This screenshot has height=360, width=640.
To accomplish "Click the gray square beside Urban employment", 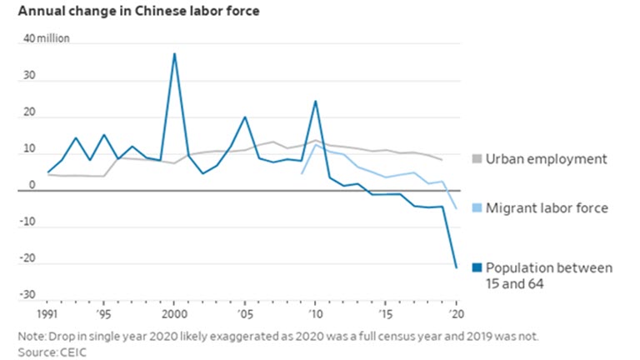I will coord(477,159).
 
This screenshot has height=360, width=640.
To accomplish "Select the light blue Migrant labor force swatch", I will coord(477,207).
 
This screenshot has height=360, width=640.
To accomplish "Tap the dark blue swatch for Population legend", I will coord(477,268).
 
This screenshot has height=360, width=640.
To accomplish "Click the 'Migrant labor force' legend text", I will coord(547,207).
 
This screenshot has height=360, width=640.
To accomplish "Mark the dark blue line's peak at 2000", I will coord(174,53).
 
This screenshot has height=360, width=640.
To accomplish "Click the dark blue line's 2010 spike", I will coord(316,101).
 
